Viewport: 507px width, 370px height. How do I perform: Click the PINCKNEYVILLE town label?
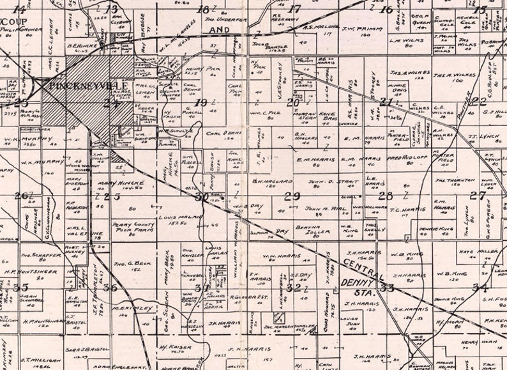click(x=84, y=84)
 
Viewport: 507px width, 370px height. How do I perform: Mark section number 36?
click(x=110, y=288)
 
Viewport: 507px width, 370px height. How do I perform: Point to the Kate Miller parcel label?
click(x=473, y=251)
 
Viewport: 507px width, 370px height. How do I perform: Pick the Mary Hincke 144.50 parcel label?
click(x=121, y=183)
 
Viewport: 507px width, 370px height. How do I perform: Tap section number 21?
click(x=386, y=102)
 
